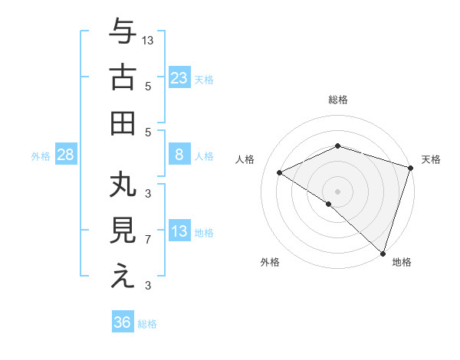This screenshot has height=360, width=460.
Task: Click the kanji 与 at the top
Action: pyautogui.click(x=123, y=33)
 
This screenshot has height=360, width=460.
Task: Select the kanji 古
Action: pyautogui.click(x=123, y=77)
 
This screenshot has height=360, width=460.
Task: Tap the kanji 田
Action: pyautogui.click(x=123, y=123)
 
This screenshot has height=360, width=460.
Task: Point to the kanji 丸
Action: pyautogui.click(x=123, y=186)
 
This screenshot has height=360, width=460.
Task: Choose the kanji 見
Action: pyautogui.click(x=123, y=231)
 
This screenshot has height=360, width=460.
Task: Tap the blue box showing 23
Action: pyautogui.click(x=179, y=77)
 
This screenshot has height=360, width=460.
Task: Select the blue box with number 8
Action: pyautogui.click(x=179, y=155)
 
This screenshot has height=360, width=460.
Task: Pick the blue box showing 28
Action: pyautogui.click(x=66, y=155)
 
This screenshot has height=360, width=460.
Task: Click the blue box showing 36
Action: pyautogui.click(x=123, y=322)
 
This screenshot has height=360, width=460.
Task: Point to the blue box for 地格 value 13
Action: pyautogui.click(x=179, y=231)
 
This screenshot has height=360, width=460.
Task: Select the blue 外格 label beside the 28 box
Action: pyautogui.click(x=41, y=156)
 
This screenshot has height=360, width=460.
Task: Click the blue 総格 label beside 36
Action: pyautogui.click(x=148, y=324)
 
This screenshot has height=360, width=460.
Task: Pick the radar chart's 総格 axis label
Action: pyautogui.click(x=338, y=100)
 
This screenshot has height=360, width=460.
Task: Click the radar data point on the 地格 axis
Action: pyautogui.click(x=383, y=252)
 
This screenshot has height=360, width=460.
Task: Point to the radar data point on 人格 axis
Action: pyautogui.click(x=280, y=173)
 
